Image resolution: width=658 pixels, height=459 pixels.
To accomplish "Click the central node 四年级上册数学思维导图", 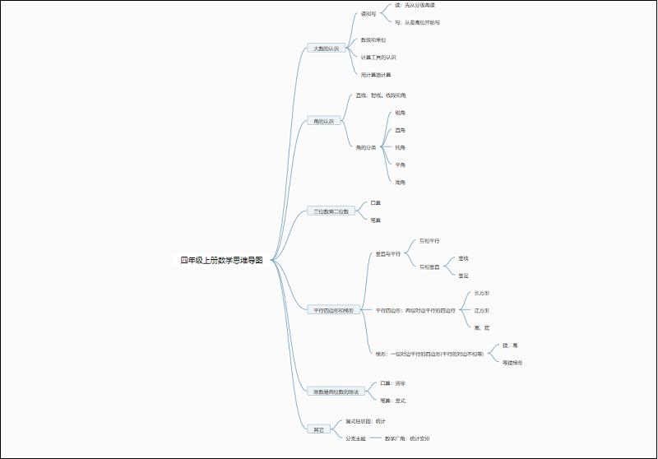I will click(222, 261).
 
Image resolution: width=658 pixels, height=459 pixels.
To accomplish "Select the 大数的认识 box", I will click(326, 49).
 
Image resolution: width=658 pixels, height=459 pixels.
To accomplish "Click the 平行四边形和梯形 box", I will click(333, 310).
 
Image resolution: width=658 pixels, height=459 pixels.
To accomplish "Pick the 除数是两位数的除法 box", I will click(336, 392).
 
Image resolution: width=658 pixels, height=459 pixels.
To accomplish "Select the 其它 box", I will click(319, 429).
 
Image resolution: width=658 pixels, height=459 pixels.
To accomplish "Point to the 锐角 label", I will click(401, 113).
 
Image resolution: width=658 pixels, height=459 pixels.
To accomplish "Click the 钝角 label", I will click(401, 147).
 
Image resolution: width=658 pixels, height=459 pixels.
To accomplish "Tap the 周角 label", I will click(401, 182).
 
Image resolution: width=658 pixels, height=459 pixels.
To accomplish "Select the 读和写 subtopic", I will click(368, 14).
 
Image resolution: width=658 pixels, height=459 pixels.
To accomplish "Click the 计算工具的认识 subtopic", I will click(378, 58).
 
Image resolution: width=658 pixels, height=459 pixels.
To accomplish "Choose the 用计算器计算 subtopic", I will click(376, 75).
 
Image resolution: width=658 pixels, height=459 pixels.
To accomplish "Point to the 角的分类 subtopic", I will click(366, 147).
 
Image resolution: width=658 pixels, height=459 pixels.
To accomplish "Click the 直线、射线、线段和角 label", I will click(381, 95).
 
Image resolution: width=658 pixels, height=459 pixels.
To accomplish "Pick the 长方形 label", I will click(482, 293).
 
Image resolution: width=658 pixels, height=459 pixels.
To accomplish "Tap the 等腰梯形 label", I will click(512, 363).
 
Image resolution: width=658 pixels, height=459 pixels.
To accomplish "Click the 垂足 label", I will click(464, 276).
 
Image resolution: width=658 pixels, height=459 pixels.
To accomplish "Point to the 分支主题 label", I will click(356, 438).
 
